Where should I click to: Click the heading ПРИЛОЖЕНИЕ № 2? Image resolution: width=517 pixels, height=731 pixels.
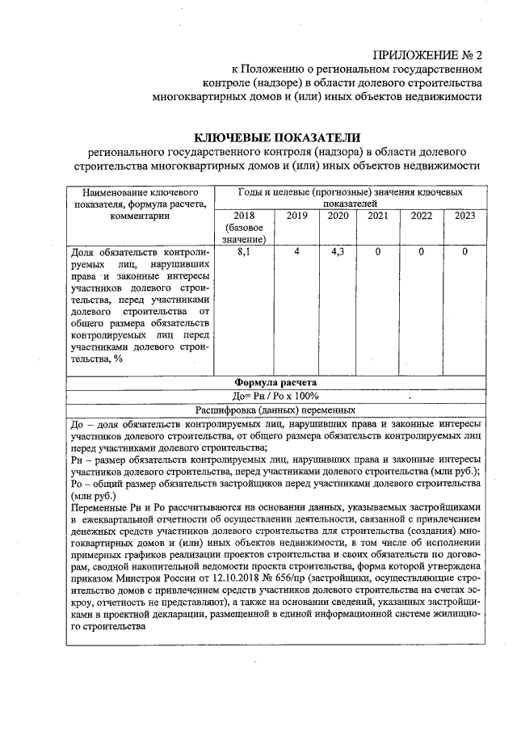tap(427, 56)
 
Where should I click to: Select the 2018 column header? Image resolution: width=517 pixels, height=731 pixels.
tap(243, 216)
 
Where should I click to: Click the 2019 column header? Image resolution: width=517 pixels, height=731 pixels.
tap(297, 216)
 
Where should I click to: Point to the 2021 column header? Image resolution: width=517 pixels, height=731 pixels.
tap(377, 216)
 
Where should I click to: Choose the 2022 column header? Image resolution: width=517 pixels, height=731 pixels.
tap(421, 216)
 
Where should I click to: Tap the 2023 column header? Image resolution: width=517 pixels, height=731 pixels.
tap(464, 216)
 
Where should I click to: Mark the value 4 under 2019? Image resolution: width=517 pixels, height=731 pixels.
tap(297, 253)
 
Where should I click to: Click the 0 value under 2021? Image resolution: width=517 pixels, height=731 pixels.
tap(377, 253)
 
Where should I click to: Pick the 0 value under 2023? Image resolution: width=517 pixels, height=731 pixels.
tap(464, 253)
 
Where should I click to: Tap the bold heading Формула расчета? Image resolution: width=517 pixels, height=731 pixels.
tap(275, 382)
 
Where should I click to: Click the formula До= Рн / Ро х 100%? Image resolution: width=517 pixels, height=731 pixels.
tap(275, 396)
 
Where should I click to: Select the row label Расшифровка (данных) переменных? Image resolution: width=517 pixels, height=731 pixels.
tap(275, 410)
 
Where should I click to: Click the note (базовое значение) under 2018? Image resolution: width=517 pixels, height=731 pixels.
tap(243, 233)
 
